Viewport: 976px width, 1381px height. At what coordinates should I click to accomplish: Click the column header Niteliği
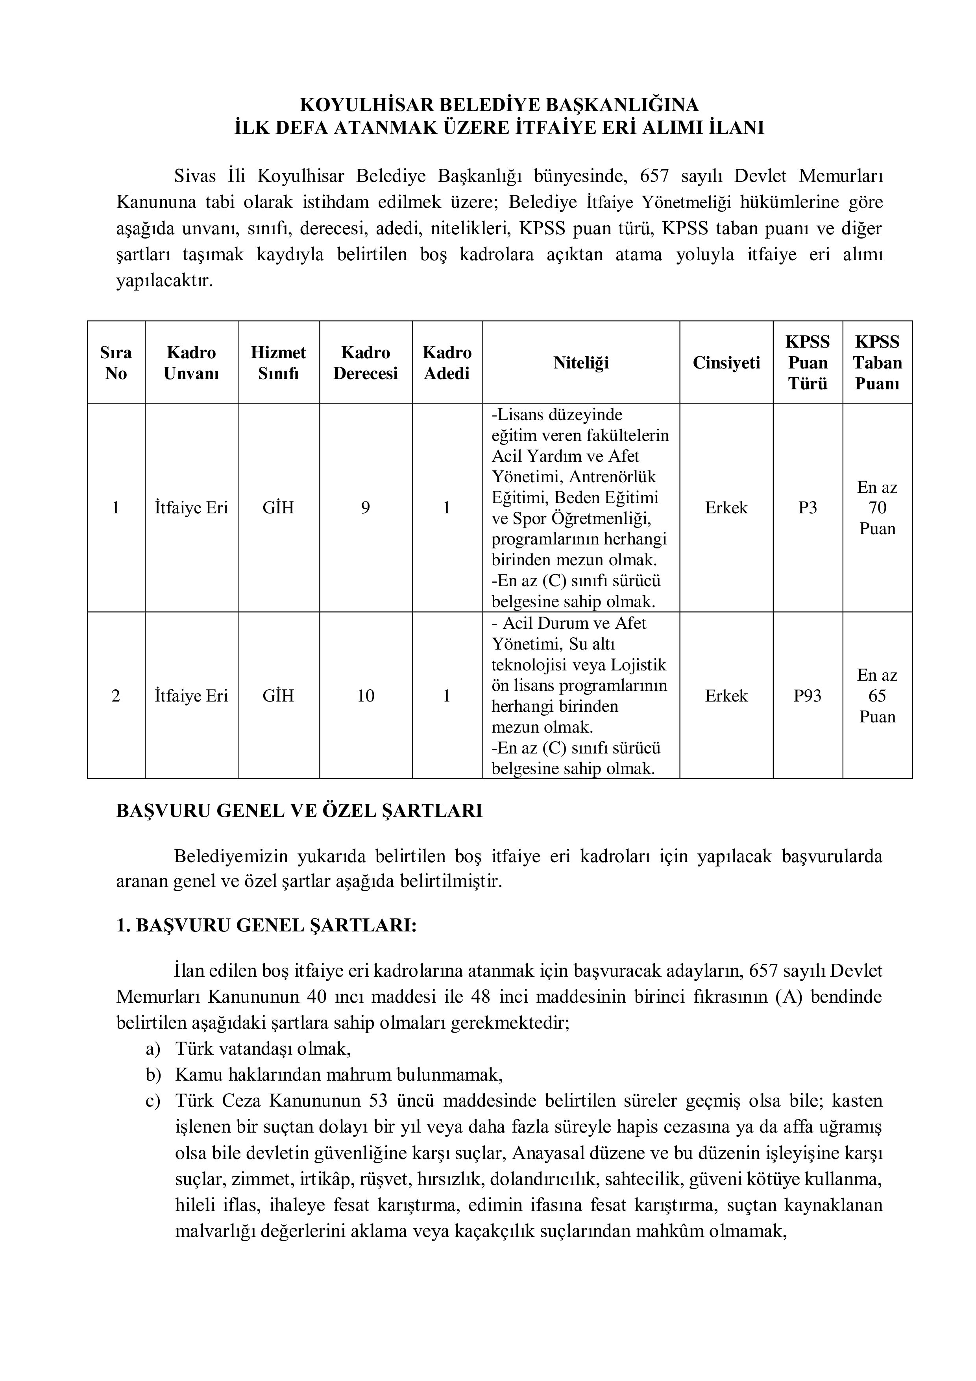[x=581, y=363]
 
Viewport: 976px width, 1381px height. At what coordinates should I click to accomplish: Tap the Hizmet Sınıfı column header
[x=278, y=363]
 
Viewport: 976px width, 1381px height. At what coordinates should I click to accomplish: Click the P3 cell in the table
[x=807, y=508]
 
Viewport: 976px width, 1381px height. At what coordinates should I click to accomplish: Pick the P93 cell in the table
[x=807, y=696]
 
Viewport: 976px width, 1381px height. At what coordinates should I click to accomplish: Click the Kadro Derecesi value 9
[x=365, y=508]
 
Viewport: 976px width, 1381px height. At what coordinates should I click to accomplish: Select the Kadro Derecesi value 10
[x=365, y=696]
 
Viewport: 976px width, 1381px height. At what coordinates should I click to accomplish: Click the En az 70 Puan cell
[x=877, y=508]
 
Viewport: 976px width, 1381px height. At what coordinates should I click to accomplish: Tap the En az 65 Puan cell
[x=877, y=696]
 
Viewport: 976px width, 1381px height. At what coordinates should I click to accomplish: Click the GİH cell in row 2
[x=278, y=696]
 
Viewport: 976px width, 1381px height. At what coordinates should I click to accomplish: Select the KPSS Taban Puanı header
[x=877, y=363]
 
